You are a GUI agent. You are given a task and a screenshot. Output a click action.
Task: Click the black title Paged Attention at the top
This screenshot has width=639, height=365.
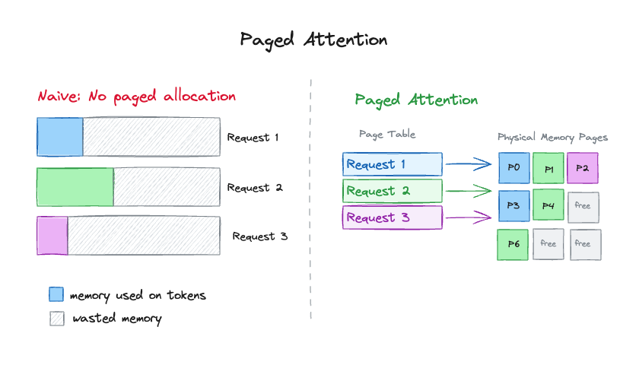coord(313,40)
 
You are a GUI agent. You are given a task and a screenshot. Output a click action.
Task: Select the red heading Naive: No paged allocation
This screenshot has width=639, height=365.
coord(137,97)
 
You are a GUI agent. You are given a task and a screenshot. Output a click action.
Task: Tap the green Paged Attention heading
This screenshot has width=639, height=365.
coord(416,100)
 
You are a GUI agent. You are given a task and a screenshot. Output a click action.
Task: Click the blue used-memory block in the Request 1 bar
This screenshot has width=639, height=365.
coord(59,138)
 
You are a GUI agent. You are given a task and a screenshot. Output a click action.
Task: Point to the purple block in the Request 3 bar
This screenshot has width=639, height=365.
coord(52,236)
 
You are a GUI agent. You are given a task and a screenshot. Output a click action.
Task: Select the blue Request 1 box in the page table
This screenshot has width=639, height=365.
coord(392,164)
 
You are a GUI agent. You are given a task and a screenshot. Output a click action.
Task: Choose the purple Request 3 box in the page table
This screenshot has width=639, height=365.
coord(392,218)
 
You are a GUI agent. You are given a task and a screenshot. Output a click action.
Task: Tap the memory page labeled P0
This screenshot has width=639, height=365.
coord(513,168)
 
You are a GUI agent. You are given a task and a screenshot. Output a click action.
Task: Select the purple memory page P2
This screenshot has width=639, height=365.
coord(583,168)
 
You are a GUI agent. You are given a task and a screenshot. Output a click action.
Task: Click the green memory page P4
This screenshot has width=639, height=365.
coord(548,206)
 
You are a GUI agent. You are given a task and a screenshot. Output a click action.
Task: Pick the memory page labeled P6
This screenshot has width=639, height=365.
coord(513,244)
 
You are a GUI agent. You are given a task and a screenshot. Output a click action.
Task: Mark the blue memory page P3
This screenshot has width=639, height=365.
coord(513,206)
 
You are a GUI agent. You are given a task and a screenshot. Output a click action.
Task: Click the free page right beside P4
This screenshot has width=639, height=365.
coord(583,206)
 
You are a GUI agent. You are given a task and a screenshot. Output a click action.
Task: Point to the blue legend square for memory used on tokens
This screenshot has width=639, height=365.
coord(56,294)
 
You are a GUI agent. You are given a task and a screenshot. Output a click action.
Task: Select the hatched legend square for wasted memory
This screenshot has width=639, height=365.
coord(56,318)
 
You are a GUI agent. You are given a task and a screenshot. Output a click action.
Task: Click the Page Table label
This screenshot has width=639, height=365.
coord(387,135)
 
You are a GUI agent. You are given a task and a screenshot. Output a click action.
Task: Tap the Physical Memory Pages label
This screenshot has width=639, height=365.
coord(552,138)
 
